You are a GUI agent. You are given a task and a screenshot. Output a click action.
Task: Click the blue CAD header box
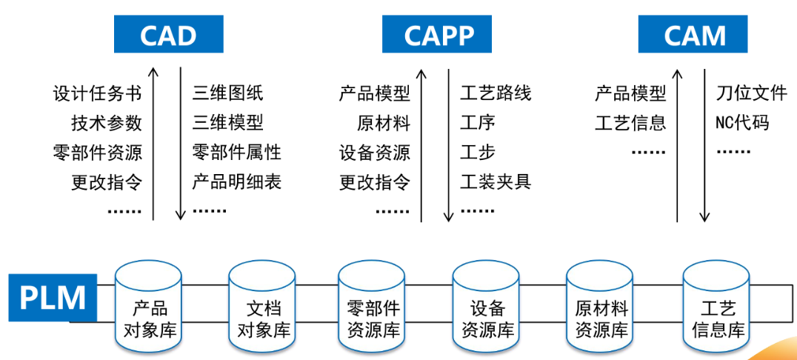[x=168, y=35]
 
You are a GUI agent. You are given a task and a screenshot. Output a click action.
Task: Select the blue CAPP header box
[x=438, y=35]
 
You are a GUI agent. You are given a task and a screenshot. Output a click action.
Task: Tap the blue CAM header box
[x=693, y=35]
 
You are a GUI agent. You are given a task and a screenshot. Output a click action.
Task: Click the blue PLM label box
[x=53, y=298]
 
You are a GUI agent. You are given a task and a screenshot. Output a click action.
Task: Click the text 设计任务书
[x=97, y=93]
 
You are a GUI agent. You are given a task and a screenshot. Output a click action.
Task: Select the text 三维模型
[x=227, y=122]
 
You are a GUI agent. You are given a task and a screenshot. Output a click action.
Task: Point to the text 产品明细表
[x=236, y=181]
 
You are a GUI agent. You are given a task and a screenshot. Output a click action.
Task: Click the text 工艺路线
[x=496, y=93]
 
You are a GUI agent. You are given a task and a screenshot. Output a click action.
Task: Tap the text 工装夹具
[x=496, y=181]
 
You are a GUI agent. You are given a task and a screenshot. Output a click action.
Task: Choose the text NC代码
[x=741, y=122]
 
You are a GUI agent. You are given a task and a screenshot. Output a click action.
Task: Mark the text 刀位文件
[x=750, y=93]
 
